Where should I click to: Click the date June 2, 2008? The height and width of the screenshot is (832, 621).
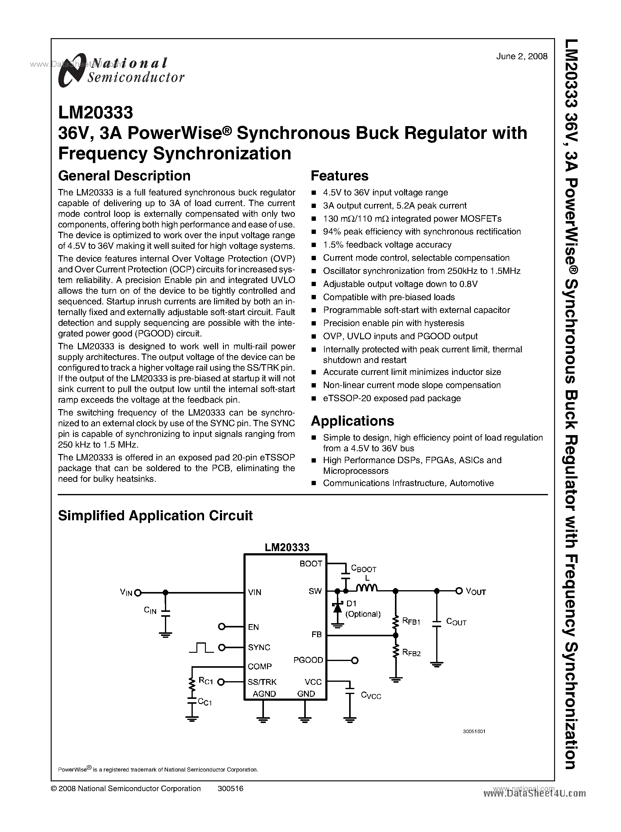(521, 56)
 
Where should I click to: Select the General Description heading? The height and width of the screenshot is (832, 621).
(124, 176)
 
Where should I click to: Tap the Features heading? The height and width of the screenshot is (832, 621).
(339, 176)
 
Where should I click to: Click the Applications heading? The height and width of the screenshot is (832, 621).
(352, 421)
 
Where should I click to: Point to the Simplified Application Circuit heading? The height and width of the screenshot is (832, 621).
(155, 515)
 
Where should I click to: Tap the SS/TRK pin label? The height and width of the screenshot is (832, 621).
(262, 682)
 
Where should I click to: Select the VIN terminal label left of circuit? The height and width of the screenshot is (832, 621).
(126, 593)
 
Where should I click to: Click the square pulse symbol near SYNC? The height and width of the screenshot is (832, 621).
(201, 647)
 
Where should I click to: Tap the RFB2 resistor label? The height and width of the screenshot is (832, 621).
(411, 653)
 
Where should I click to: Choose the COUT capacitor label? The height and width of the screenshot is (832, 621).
(456, 622)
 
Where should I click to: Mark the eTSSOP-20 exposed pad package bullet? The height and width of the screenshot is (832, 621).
(391, 398)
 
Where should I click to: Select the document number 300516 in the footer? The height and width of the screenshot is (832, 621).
(230, 788)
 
